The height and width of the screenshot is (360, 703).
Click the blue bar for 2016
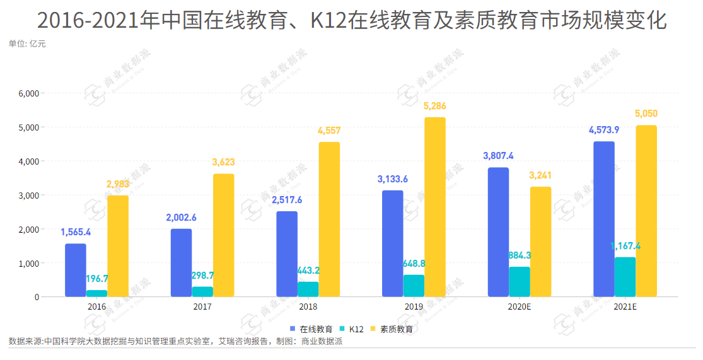click(x=76, y=270)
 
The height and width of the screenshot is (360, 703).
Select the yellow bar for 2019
click(x=435, y=207)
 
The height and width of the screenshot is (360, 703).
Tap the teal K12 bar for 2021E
click(x=625, y=277)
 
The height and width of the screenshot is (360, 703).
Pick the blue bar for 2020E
click(x=498, y=232)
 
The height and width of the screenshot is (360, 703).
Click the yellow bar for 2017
click(x=223, y=235)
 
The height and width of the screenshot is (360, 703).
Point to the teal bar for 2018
click(x=308, y=289)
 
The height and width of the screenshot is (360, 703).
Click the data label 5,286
click(x=435, y=107)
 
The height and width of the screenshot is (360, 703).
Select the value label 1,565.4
click(x=76, y=232)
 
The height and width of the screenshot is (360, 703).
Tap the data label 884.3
click(x=520, y=255)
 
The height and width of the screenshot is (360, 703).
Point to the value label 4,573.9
click(x=604, y=130)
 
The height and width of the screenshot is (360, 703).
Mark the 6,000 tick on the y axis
click(x=29, y=93)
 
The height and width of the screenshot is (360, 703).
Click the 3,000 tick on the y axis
click(x=29, y=195)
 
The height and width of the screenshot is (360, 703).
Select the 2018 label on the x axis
click(x=308, y=307)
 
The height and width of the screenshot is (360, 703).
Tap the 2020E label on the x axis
click(x=520, y=307)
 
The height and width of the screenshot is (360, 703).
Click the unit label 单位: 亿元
click(x=27, y=44)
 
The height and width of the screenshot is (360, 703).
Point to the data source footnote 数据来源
click(x=175, y=342)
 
